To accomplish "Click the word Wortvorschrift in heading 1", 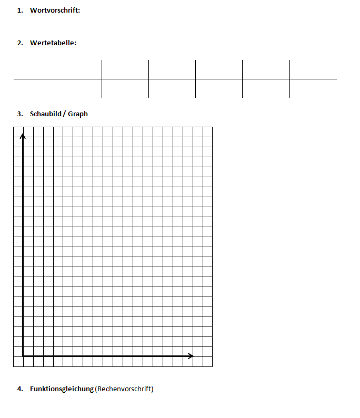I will [x=55, y=11].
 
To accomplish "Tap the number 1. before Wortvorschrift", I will [x=20, y=11].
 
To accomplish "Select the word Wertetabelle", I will [x=53, y=43].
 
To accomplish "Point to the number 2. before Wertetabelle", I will [x=20, y=43].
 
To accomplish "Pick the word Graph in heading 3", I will [x=78, y=114].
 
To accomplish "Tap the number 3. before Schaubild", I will [x=20, y=114].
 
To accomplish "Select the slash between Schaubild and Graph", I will [x=64, y=114].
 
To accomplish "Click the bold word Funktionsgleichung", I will [x=62, y=389].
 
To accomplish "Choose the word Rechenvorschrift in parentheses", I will [x=125, y=389].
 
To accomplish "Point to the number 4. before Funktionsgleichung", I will [x=20, y=389].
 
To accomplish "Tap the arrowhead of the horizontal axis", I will [x=191, y=356].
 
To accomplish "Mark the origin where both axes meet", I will [x=23, y=356].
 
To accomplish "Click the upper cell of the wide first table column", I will [x=57, y=69].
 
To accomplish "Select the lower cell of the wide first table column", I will [x=57, y=88].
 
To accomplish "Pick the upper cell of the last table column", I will [x=313, y=69].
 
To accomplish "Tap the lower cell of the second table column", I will [x=125, y=88].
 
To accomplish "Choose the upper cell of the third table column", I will [x=172, y=69].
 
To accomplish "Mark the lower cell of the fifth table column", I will [x=266, y=88].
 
